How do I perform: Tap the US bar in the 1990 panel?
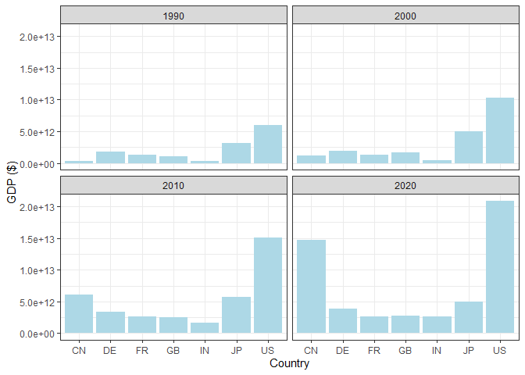(x=267, y=145)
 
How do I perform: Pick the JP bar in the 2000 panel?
(x=468, y=148)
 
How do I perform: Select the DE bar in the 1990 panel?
(x=110, y=158)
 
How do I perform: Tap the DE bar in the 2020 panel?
(x=342, y=321)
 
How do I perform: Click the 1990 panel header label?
(x=173, y=16)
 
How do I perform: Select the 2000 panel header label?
(x=405, y=16)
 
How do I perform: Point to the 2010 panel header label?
(x=173, y=186)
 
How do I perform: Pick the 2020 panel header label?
(x=405, y=186)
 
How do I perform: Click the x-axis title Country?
(x=289, y=364)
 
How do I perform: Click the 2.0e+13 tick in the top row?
(x=37, y=37)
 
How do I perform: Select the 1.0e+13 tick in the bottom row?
(x=37, y=270)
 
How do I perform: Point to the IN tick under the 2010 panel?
(x=205, y=351)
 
